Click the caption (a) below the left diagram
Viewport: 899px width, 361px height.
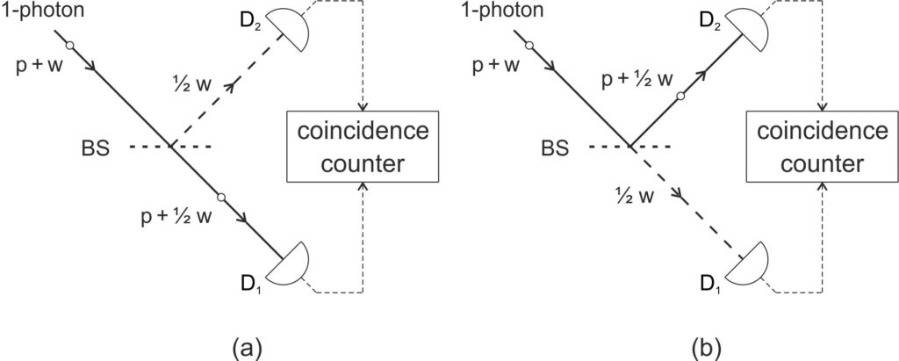pos(239,343)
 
